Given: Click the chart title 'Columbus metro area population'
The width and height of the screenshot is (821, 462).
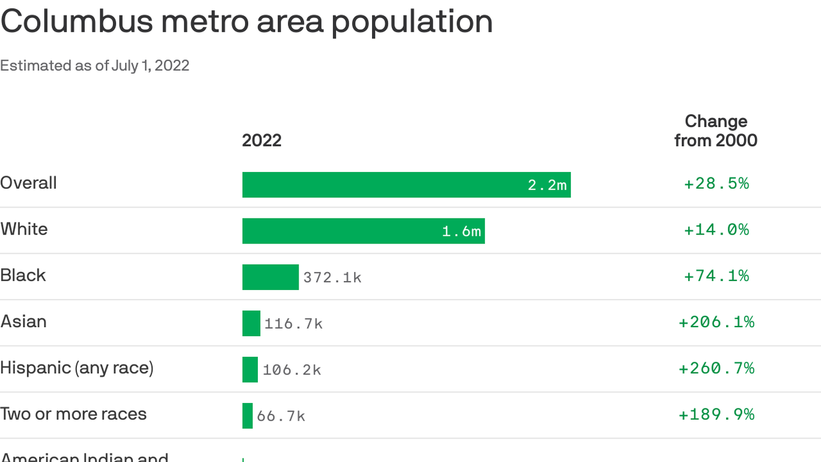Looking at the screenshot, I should tap(246, 22).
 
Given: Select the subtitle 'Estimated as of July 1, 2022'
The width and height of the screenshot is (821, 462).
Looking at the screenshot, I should tap(94, 66).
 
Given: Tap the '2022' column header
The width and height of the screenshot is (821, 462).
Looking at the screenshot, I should tap(261, 140).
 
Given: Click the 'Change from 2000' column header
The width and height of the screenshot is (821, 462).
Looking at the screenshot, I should tap(715, 131).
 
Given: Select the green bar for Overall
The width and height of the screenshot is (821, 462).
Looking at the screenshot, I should tap(385, 185).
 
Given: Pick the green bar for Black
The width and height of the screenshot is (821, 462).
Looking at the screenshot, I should tap(270, 277).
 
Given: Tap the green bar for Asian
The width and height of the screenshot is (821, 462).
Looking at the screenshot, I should tap(251, 324).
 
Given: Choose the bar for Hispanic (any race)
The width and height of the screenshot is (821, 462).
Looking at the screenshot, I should tap(250, 369).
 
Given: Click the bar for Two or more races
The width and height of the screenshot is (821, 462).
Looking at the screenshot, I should tap(248, 416).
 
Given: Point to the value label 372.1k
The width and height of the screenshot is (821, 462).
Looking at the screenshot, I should tap(332, 277).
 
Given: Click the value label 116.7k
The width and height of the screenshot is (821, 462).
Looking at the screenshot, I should tap(293, 324).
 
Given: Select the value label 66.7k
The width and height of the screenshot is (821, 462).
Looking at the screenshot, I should tap(281, 416).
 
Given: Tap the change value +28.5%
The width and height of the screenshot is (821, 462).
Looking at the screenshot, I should tap(716, 183).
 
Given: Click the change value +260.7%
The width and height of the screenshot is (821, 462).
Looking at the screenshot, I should tap(716, 368).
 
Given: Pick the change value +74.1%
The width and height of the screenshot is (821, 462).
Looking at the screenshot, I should tap(716, 276).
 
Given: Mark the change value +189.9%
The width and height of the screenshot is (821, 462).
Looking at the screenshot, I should tap(716, 414).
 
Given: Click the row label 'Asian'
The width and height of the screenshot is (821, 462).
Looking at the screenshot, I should tap(23, 321).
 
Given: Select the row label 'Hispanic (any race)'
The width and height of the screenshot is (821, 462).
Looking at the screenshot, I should tap(77, 368).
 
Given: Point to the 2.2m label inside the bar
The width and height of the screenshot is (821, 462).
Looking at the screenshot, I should tap(547, 185).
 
